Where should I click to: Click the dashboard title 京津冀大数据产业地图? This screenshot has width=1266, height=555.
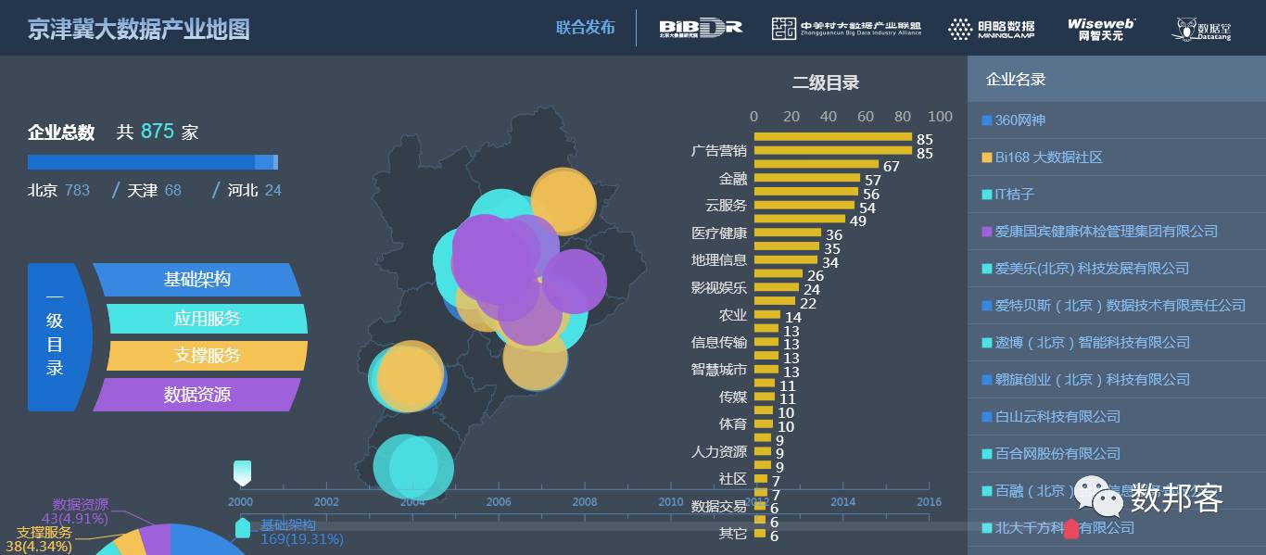139,29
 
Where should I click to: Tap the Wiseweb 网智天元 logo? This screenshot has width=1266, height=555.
1100,29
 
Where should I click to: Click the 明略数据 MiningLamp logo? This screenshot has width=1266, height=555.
991,29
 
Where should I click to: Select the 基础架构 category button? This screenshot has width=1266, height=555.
197,280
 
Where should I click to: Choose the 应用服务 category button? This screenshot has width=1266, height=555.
207,319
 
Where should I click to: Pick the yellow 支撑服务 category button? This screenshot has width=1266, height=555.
207,356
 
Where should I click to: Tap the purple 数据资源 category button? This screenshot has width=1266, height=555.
197,395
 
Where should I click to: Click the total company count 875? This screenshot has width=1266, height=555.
158,132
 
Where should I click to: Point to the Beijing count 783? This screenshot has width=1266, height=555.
77,190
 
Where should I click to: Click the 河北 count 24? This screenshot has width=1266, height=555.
272,190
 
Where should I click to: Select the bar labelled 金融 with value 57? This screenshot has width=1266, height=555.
806,178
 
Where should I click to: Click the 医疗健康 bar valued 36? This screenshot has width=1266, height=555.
787,233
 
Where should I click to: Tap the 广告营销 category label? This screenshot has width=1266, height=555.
719,151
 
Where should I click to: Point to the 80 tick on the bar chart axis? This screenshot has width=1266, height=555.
903,117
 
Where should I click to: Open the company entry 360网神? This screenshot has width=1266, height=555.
1019,120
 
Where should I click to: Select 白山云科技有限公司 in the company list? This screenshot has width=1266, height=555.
1057,417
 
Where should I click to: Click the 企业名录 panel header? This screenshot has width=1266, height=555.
1016,80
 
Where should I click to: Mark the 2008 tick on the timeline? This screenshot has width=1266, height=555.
585,501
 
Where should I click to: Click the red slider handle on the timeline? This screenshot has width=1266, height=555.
1071,529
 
